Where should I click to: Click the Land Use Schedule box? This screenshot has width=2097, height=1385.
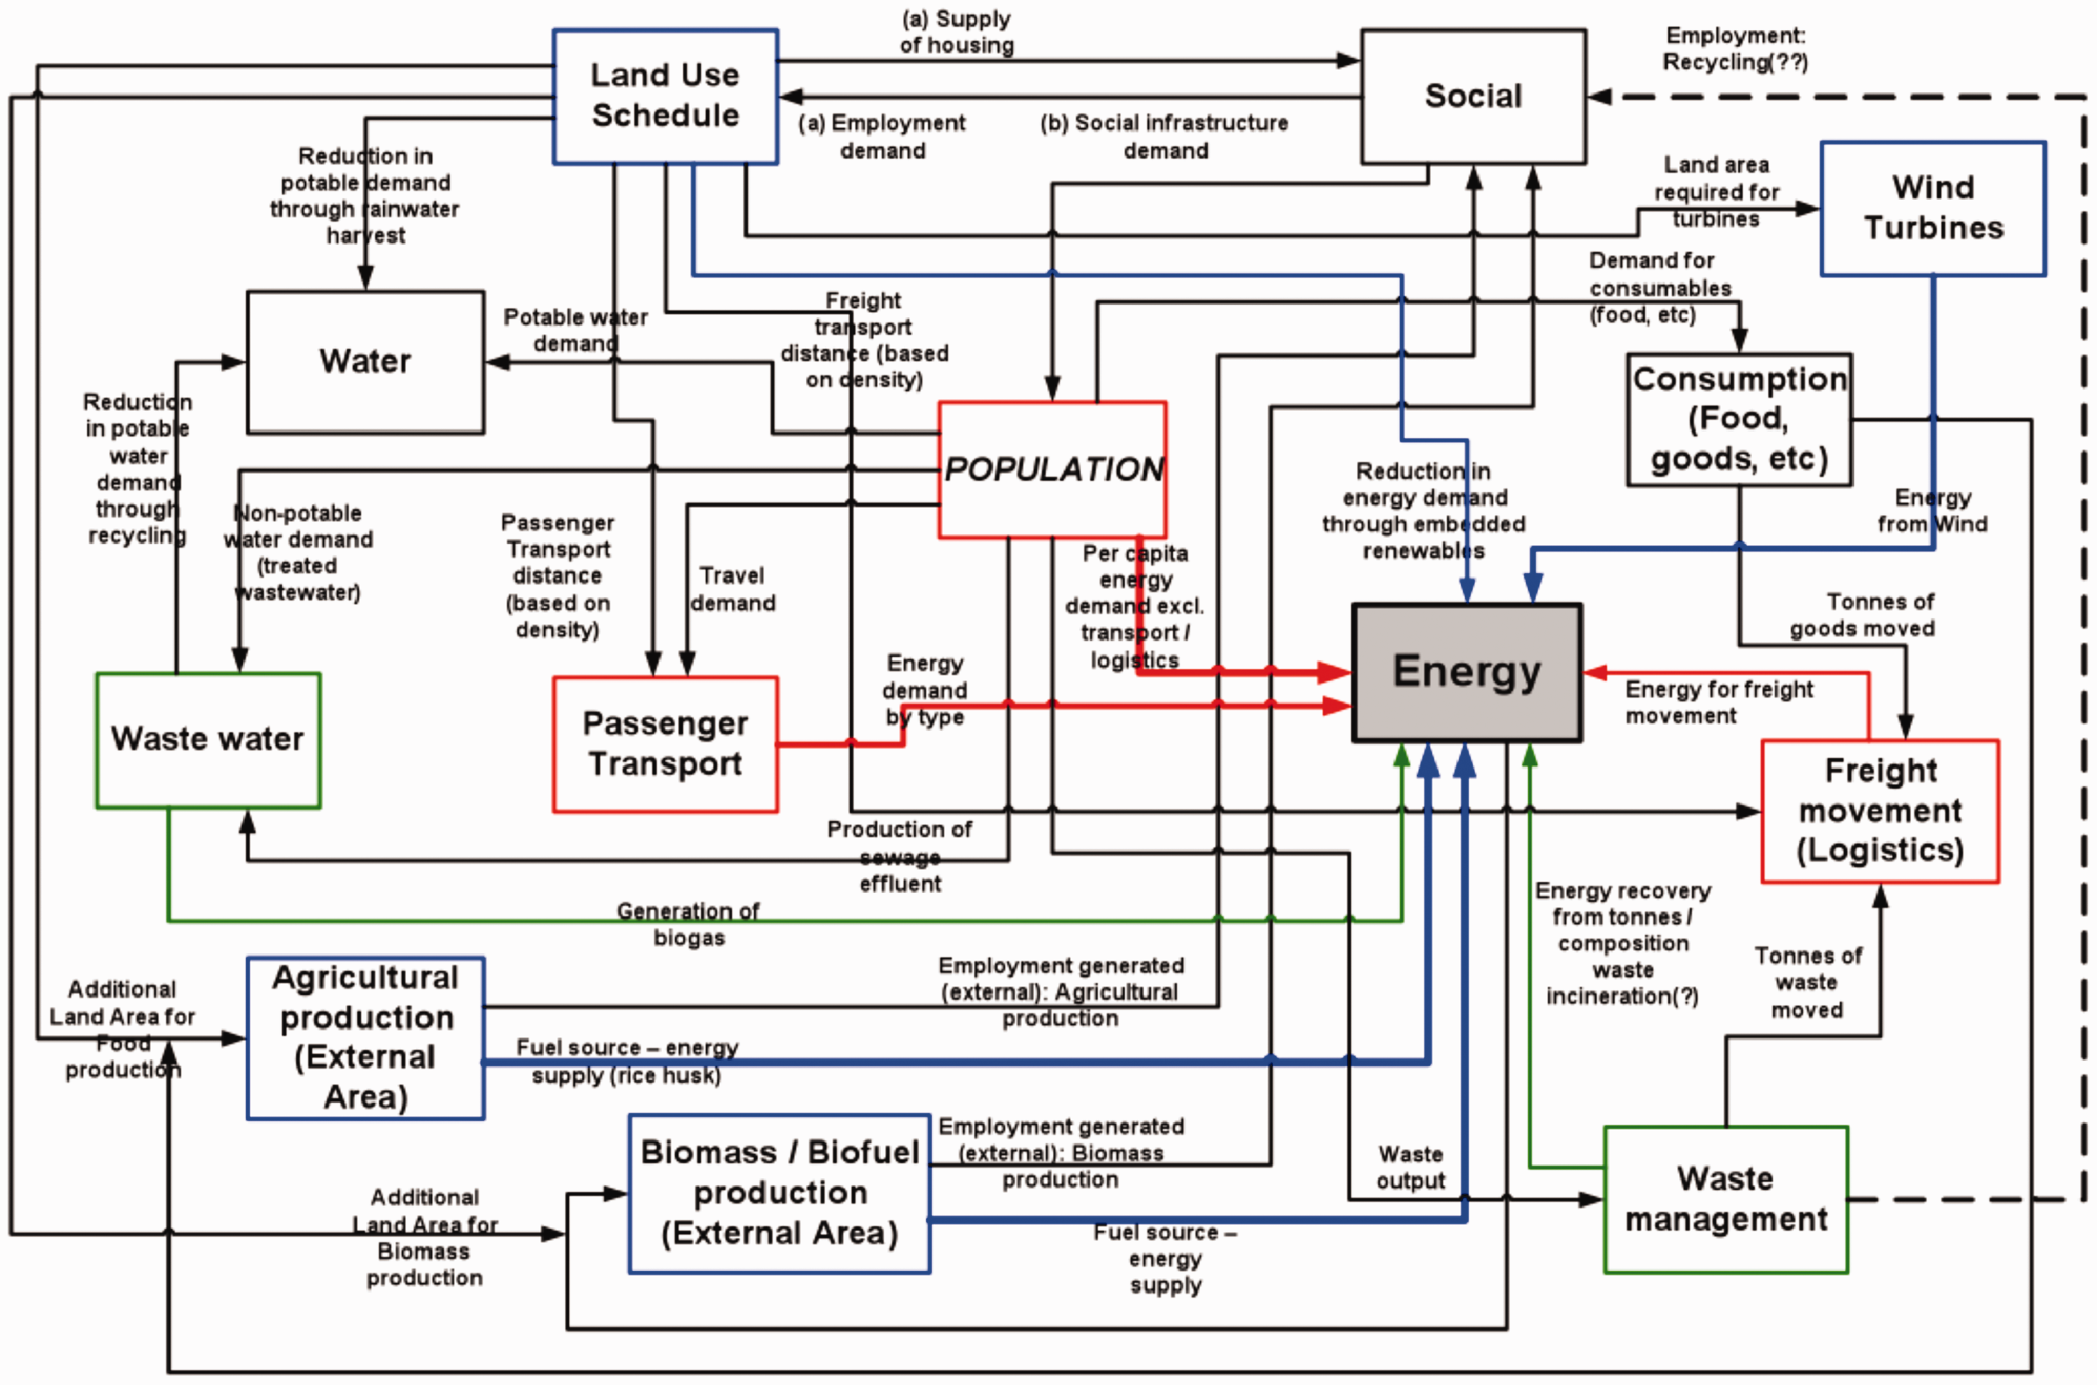pyautogui.click(x=665, y=96)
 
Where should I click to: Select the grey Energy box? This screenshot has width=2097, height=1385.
pyautogui.click(x=1467, y=672)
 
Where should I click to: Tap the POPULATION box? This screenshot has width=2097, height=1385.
pyautogui.click(x=1052, y=469)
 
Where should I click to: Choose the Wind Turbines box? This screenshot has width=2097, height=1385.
pyautogui.click(x=1933, y=208)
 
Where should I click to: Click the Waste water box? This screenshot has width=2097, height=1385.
pyautogui.click(x=208, y=740)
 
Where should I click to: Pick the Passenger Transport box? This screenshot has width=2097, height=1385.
pyautogui.click(x=665, y=744)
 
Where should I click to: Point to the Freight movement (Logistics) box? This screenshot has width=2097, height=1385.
pyautogui.click(x=1880, y=811)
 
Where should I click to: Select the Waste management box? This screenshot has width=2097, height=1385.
pyautogui.click(x=1725, y=1200)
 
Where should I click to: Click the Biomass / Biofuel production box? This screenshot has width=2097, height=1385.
pyautogui.click(x=779, y=1194)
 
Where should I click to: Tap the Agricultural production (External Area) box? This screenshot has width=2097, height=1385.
pyautogui.click(x=365, y=1038)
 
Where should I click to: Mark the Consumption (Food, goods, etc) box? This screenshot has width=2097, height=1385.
pyautogui.click(x=1739, y=419)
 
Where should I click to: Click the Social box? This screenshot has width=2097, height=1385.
pyautogui.click(x=1473, y=96)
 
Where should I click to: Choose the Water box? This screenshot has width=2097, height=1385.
pyautogui.click(x=365, y=362)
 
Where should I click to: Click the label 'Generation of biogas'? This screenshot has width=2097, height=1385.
pyautogui.click(x=688, y=924)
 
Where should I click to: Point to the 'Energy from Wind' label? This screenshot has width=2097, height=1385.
pyautogui.click(x=1933, y=511)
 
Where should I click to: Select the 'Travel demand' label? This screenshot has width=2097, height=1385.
pyautogui.click(x=733, y=589)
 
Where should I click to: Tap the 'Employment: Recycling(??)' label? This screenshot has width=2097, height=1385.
pyautogui.click(x=1735, y=49)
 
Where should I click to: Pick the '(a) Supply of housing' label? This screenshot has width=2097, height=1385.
pyautogui.click(x=957, y=32)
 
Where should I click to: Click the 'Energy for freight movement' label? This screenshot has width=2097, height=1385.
pyautogui.click(x=1719, y=702)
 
